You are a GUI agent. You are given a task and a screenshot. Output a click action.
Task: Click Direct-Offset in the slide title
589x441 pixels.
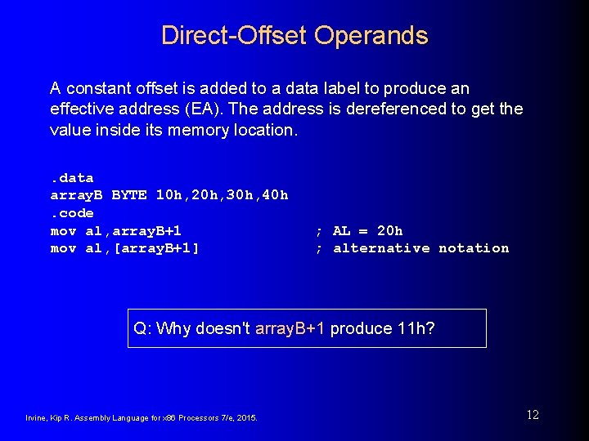point(235,36)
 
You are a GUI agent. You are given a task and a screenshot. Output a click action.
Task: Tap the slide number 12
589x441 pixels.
point(533,415)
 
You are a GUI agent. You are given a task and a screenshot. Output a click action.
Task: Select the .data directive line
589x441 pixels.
point(72,178)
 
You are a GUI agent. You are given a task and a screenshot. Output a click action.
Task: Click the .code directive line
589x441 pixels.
point(72,213)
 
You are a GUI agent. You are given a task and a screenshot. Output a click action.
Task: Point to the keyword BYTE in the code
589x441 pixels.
point(129,196)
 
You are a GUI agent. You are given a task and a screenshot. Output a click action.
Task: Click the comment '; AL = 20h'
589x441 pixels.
point(360,231)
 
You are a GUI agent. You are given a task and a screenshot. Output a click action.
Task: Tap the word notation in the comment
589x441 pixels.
point(474,248)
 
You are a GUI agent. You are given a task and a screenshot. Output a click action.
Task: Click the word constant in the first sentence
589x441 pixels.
point(92,87)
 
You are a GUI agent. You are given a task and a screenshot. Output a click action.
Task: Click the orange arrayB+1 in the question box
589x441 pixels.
point(290,328)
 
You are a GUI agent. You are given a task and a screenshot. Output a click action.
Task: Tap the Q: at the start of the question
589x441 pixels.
point(142,328)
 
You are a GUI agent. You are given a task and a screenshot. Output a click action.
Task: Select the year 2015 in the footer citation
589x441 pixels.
point(247,418)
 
